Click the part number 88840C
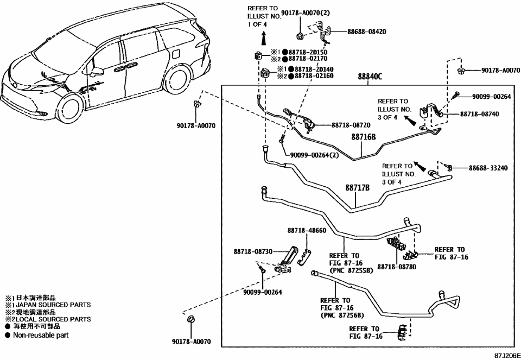[370, 77]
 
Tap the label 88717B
[357, 188]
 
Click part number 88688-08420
[367, 31]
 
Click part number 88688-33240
[488, 168]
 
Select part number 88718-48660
[307, 230]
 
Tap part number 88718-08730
[253, 252]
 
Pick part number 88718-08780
[396, 267]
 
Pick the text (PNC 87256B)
[342, 315]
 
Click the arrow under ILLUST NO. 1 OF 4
[263, 38]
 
